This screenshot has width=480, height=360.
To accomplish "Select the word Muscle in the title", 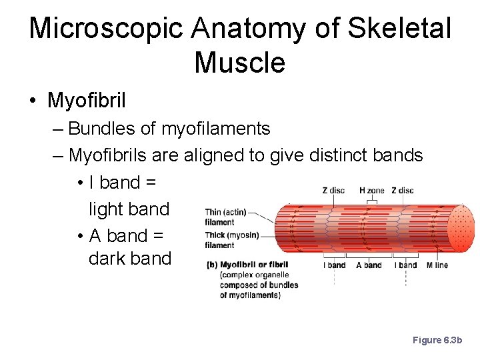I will tap(239, 63).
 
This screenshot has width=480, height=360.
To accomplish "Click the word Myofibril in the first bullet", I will tap(87, 101).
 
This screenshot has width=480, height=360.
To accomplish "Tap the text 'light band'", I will tap(129, 209).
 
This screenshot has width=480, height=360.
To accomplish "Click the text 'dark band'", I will tap(130, 259).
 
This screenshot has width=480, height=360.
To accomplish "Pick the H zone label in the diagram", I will tap(371, 191).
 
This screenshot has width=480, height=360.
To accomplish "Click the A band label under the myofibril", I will tap(369, 265).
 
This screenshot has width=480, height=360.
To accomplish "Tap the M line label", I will tap(437, 265).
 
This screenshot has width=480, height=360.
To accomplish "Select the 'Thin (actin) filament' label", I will tap(225, 217).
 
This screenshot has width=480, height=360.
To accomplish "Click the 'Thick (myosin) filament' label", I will tap(231, 240).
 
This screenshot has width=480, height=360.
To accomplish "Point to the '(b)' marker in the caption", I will tap(211, 265).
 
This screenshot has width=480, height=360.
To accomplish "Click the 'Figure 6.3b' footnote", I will tap(437, 340).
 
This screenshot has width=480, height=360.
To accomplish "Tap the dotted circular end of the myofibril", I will tap(461, 228).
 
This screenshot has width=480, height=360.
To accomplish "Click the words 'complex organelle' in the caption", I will tap(255, 275).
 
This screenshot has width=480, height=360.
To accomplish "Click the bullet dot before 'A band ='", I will tap(79, 237).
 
